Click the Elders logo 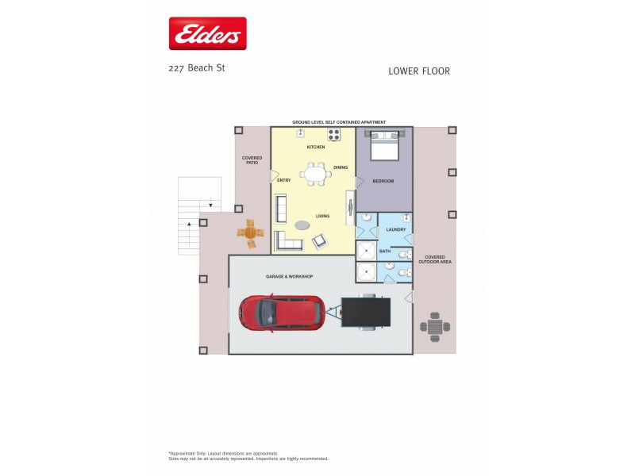(207, 34)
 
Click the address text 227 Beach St (197, 68)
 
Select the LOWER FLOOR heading (419, 71)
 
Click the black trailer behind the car (365, 312)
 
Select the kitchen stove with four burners (334, 134)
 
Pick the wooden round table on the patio (251, 233)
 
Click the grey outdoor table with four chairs (435, 326)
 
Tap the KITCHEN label (316, 147)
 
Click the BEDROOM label (383, 181)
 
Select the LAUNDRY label (395, 229)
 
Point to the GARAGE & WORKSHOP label (289, 276)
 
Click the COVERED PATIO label (252, 160)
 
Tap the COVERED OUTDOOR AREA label (436, 260)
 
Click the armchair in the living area (320, 241)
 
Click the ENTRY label (283, 180)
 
